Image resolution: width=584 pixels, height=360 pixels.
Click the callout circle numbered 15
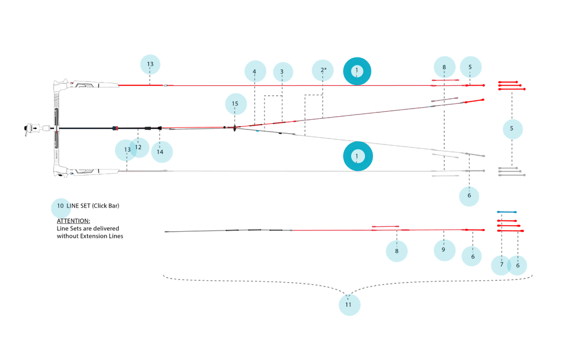tap(236, 104)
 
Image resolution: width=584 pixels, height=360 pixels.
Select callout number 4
tap(255, 71)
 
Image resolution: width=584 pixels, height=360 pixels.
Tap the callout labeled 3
tap(282, 72)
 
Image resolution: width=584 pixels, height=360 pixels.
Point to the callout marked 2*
tap(323, 70)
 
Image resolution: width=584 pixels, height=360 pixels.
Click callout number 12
tap(139, 147)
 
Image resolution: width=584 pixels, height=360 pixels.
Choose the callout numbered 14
tap(160, 152)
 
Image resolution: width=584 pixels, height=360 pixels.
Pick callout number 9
tap(444, 250)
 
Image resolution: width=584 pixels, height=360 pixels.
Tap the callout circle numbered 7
tap(501, 265)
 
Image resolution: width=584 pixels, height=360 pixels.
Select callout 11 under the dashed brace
tap(348, 305)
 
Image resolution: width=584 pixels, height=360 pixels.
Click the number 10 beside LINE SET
tap(60, 206)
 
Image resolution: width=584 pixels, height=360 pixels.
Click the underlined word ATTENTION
tap(74, 221)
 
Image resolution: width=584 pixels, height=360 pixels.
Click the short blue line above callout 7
tap(507, 212)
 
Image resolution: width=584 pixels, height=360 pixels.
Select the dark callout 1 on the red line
tap(357, 71)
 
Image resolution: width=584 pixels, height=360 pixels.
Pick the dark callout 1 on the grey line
tap(357, 156)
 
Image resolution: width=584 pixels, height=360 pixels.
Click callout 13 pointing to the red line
tap(150, 64)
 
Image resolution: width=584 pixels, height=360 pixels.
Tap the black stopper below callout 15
tap(234, 128)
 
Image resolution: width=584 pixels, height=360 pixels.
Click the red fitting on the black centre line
tap(115, 128)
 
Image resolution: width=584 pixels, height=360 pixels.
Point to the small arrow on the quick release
tap(35, 128)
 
